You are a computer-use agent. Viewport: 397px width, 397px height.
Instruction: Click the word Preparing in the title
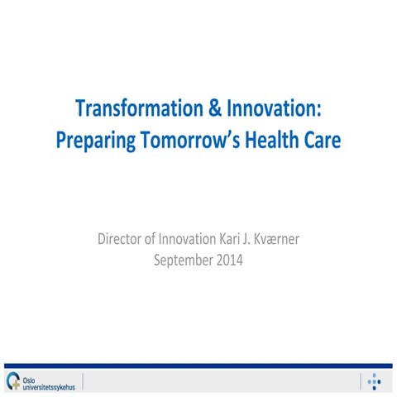pos(89,140)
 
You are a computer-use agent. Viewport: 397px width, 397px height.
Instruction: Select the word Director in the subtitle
pos(121,241)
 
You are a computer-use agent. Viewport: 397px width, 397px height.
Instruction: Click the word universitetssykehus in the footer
pos(50,384)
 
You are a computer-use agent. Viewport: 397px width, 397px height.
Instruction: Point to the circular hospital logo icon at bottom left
pos(12,380)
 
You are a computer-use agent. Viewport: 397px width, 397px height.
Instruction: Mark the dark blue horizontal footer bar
pos(198,366)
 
